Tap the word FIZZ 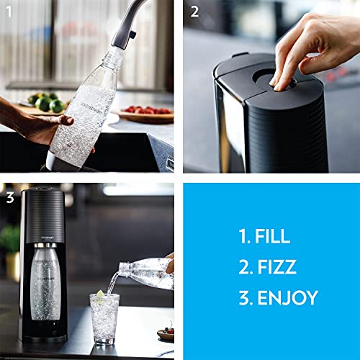pyautogui.click(x=276, y=267)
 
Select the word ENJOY pyautogui.click(x=286, y=297)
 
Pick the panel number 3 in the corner pyautogui.click(x=9, y=196)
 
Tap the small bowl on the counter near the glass pyautogui.click(x=165, y=334)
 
